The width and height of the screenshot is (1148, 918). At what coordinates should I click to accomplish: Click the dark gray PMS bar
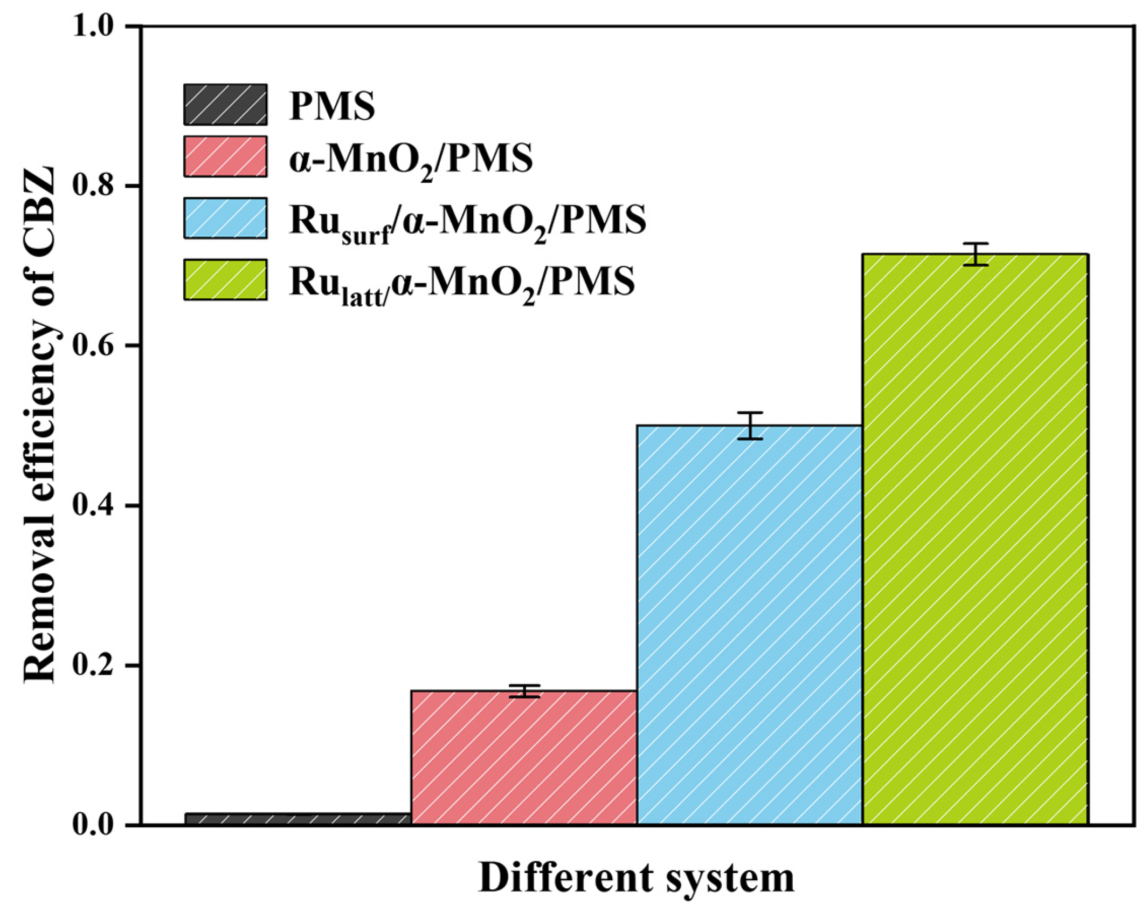click(x=298, y=818)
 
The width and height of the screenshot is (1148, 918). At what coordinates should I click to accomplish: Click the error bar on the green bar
click(x=976, y=254)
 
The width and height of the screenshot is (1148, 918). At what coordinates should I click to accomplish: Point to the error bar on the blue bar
click(x=750, y=426)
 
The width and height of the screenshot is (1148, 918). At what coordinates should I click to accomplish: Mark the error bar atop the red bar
click(x=524, y=691)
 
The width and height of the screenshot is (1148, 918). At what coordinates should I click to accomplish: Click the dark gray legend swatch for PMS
click(x=225, y=105)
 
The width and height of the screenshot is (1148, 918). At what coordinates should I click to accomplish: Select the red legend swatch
click(x=225, y=156)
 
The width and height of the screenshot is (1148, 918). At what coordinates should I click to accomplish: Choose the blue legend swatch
click(x=225, y=218)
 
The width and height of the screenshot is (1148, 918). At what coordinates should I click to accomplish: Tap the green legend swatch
click(x=225, y=279)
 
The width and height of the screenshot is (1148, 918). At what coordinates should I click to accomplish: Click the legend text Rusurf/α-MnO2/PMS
click(x=467, y=221)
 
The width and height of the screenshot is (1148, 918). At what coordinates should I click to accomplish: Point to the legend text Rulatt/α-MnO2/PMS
click(x=461, y=283)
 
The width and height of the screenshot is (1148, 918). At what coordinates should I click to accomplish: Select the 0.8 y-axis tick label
click(x=98, y=186)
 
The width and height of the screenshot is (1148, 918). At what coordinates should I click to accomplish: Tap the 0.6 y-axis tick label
click(x=98, y=346)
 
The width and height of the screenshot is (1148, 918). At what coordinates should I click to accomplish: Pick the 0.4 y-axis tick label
click(x=98, y=505)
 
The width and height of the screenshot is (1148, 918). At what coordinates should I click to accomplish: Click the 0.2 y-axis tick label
click(x=98, y=665)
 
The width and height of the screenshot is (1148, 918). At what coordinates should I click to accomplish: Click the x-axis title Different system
click(x=636, y=878)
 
